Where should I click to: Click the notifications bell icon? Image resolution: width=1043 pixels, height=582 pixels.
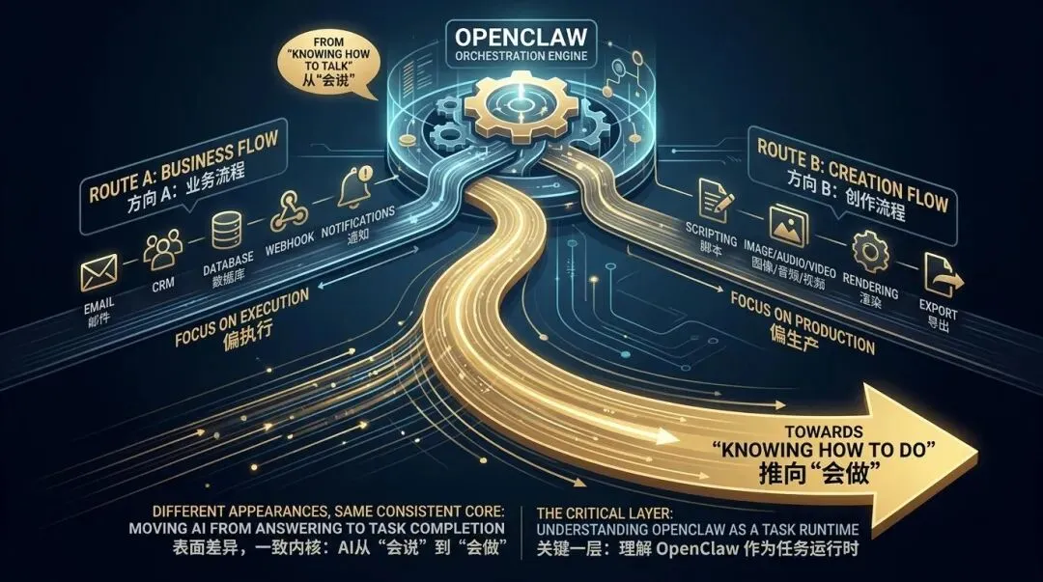pyautogui.click(x=353, y=183)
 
